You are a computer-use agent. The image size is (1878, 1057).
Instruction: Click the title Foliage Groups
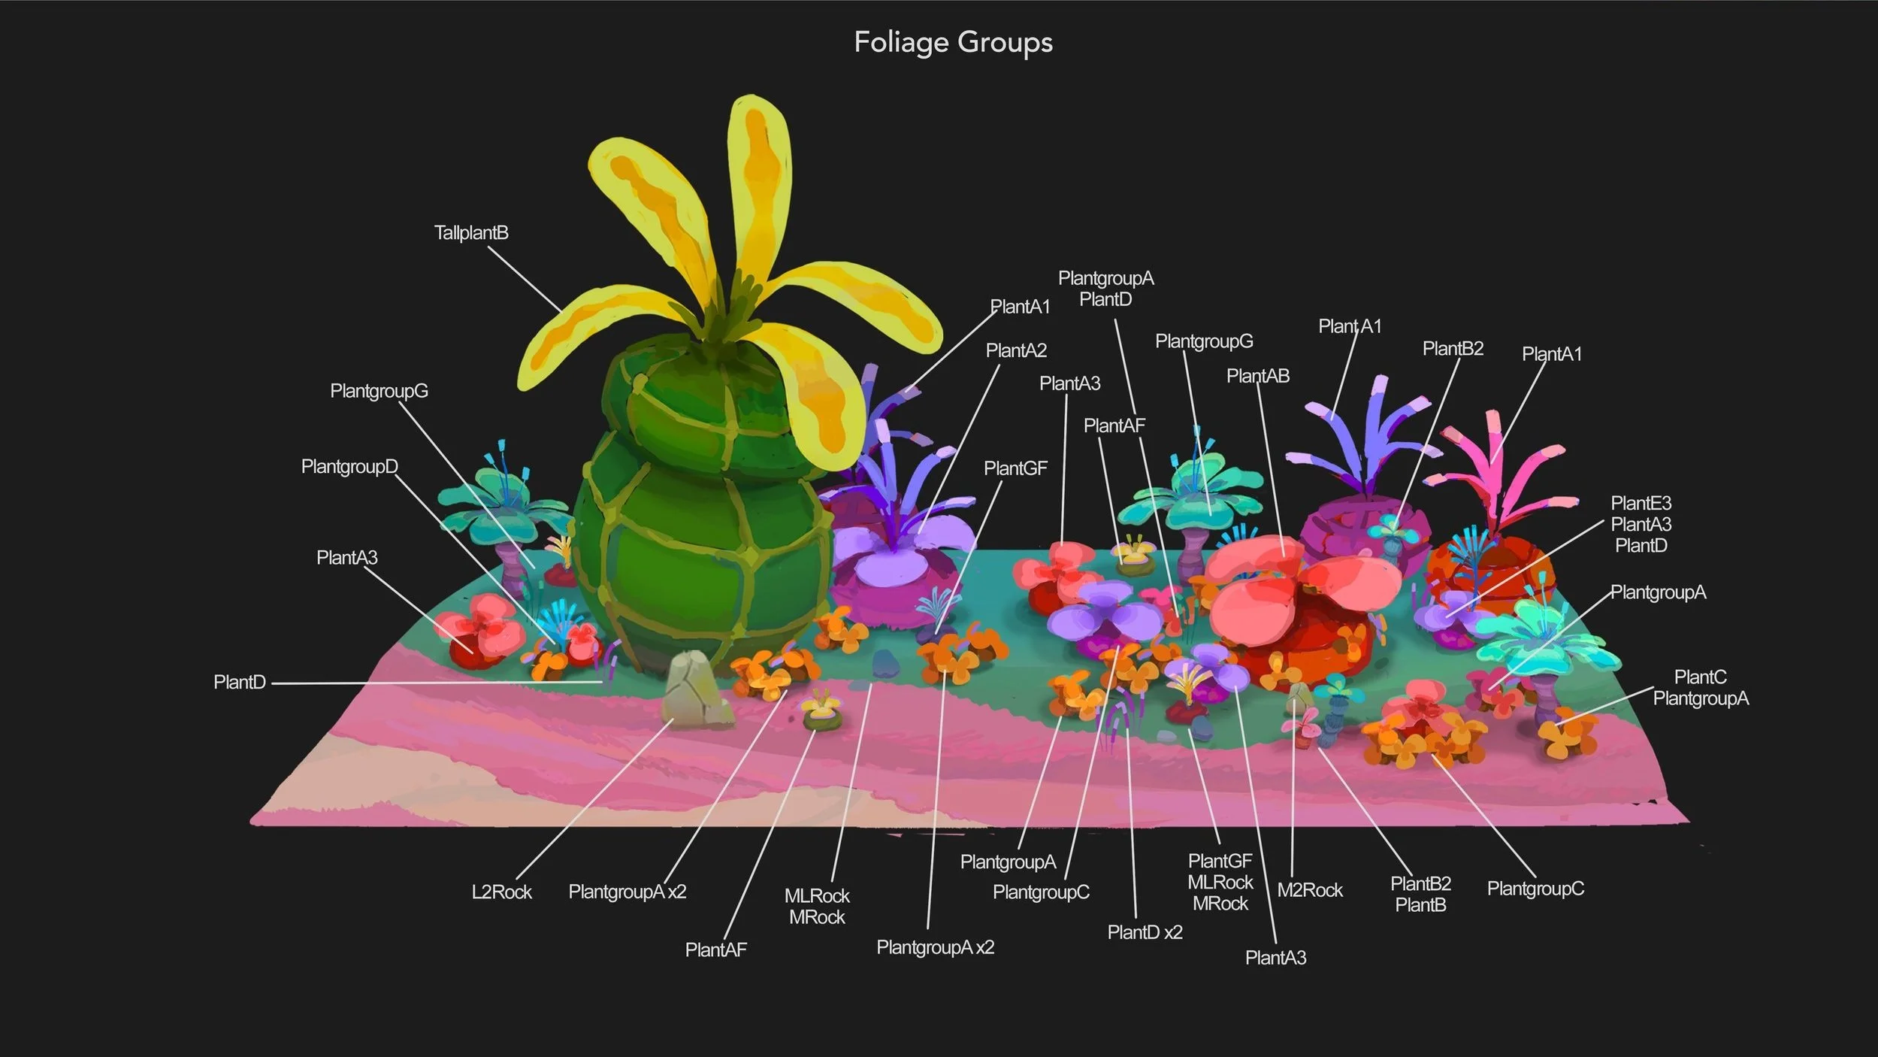pyautogui.click(x=953, y=42)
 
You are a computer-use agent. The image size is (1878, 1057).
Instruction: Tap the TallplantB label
pyautogui.click(x=471, y=233)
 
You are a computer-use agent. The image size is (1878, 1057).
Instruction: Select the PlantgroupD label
pyautogui.click(x=349, y=467)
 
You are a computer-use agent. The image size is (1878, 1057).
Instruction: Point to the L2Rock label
pyautogui.click(x=501, y=892)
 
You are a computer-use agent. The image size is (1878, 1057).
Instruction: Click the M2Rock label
pyautogui.click(x=1310, y=890)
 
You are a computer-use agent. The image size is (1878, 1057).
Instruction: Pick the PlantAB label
pyautogui.click(x=1258, y=376)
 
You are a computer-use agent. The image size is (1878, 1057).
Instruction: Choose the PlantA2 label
pyautogui.click(x=1016, y=350)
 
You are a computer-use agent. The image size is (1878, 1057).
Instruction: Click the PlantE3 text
pyautogui.click(x=1641, y=503)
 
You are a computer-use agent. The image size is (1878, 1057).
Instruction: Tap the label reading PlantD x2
pyautogui.click(x=1145, y=932)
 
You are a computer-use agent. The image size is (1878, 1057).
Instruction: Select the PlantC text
pyautogui.click(x=1701, y=677)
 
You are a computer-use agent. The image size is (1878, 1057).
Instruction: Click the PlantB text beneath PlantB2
pyautogui.click(x=1420, y=905)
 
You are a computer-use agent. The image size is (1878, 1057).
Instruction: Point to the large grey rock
pyautogui.click(x=697, y=690)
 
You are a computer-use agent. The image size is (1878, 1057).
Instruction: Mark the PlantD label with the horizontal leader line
pyautogui.click(x=240, y=683)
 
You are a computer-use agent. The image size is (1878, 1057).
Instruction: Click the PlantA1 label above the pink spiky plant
pyautogui.click(x=1552, y=354)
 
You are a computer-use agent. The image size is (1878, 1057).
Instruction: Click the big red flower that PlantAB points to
pyautogui.click(x=1300, y=601)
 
